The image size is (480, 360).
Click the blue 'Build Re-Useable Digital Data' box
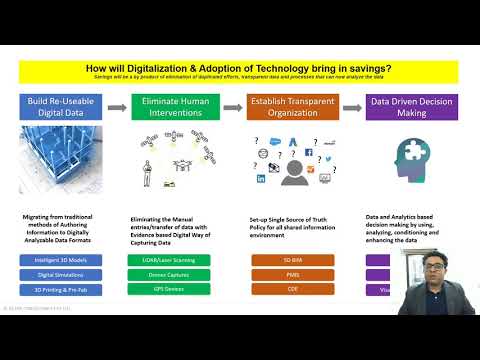(65, 107)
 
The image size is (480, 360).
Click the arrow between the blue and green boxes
(122, 105)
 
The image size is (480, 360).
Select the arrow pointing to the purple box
(351, 105)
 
